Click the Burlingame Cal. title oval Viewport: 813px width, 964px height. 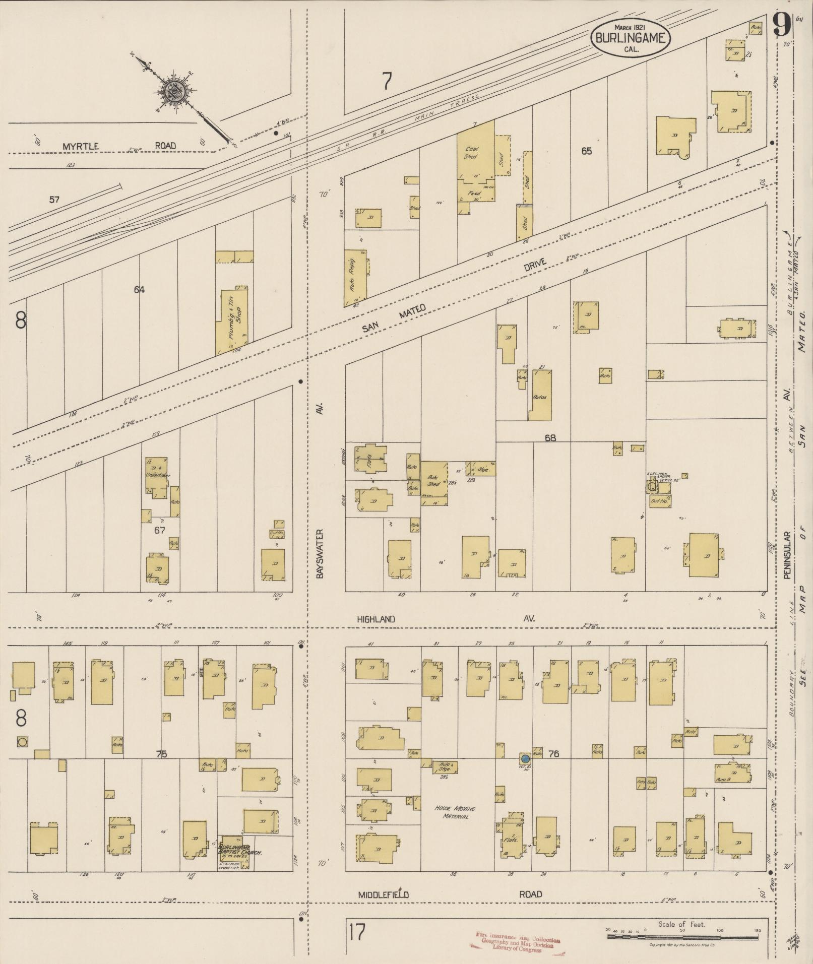coord(631,38)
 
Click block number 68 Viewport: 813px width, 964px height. coord(550,438)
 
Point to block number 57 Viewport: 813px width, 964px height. coord(54,200)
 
